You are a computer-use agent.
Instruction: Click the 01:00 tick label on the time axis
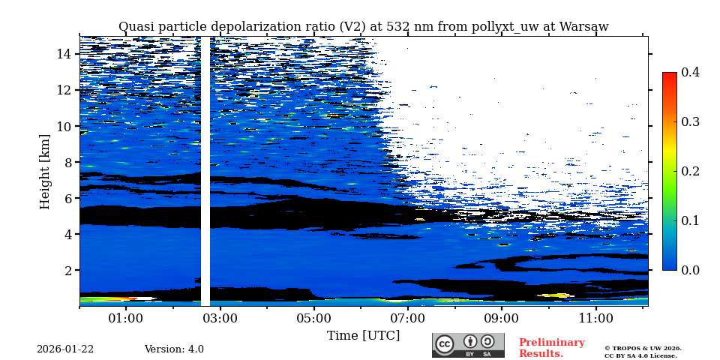[125, 318]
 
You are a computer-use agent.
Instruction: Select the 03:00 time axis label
[220, 318]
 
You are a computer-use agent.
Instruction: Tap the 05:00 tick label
[313, 318]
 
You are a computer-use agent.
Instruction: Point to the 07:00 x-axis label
[408, 318]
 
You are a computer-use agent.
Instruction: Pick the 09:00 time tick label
[502, 318]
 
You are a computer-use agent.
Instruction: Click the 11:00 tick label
[596, 318]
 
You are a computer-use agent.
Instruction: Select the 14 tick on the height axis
[64, 54]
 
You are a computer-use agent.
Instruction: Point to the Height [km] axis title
[45, 171]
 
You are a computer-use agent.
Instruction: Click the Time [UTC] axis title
[363, 335]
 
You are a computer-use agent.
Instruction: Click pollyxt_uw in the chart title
[502, 27]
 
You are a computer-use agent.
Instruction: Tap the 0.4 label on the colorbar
[690, 72]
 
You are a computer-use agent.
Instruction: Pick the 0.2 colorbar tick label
[690, 171]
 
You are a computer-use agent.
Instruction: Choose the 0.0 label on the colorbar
[690, 270]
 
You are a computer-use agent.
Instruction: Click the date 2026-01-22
[65, 349]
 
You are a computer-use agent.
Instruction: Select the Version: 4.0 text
[174, 349]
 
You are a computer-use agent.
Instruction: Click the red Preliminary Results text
[551, 348]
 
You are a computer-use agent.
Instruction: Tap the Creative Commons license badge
[468, 345]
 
